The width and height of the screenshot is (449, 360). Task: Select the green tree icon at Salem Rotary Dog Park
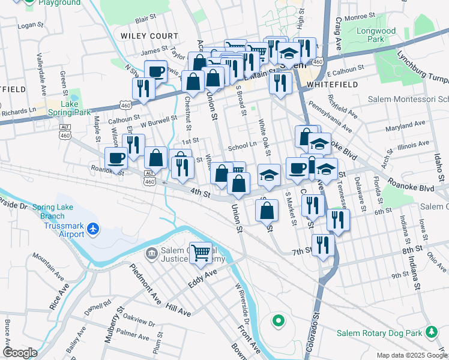(430, 332)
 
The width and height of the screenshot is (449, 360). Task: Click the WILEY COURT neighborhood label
(149, 36)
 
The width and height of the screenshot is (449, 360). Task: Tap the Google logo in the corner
(20, 353)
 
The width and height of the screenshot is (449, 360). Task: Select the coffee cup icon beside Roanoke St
(116, 159)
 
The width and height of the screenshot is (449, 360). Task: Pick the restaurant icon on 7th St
(322, 245)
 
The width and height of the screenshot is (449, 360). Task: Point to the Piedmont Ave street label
(145, 281)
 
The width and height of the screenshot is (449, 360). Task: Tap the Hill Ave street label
(178, 310)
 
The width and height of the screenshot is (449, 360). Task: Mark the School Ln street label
(242, 147)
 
